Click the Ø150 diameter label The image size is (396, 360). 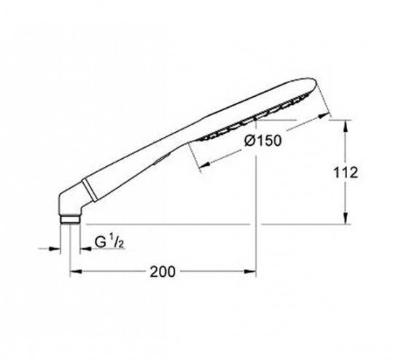(x=263, y=141)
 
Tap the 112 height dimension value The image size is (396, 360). (x=346, y=173)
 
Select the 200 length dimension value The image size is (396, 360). (x=163, y=272)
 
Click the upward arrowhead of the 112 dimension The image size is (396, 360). (x=346, y=125)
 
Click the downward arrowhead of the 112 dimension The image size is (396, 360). (x=346, y=219)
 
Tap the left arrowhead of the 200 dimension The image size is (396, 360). (x=76, y=271)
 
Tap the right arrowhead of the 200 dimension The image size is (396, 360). (x=250, y=271)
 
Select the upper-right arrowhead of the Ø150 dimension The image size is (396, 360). (x=325, y=116)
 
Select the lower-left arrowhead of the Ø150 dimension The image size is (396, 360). (x=206, y=165)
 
